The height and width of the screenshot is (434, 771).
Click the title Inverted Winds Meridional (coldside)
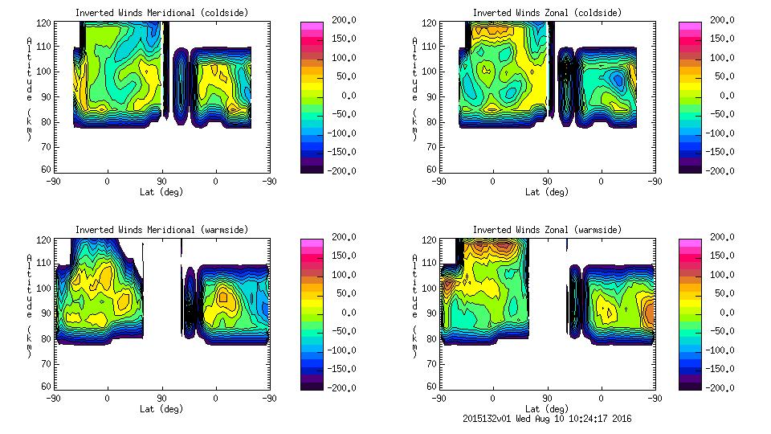click(161, 13)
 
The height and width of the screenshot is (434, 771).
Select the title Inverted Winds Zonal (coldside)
click(547, 13)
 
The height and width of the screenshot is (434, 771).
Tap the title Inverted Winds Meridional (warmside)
click(161, 230)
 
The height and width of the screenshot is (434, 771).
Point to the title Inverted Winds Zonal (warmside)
click(547, 230)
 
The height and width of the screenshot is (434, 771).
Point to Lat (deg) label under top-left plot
click(161, 192)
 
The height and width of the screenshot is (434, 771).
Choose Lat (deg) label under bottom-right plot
click(547, 409)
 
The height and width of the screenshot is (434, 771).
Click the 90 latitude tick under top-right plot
click(547, 181)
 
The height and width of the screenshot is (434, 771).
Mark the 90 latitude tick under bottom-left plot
click(161, 398)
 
